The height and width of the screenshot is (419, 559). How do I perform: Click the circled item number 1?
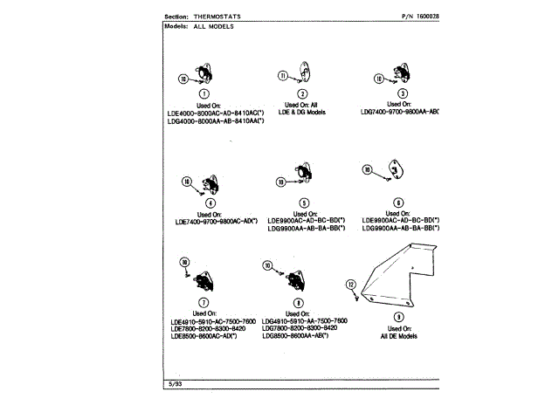point(204,93)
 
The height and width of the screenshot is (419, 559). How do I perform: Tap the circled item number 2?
point(302,93)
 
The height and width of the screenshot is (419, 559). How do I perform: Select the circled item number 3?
point(402,93)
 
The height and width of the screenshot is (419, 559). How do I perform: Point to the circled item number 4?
point(210,203)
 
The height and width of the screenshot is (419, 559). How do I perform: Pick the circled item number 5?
point(304,203)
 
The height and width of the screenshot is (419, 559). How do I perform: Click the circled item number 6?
point(398,202)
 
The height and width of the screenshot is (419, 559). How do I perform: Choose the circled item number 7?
point(203,302)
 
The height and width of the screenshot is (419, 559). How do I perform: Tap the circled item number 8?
point(298,302)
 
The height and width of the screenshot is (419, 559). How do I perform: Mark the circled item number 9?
point(398,317)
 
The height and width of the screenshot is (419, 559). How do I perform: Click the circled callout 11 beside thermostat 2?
point(282,76)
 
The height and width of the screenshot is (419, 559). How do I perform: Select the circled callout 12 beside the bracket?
point(351,285)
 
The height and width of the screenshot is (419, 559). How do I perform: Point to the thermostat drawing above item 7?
point(204,279)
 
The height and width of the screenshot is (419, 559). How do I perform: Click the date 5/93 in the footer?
point(173,384)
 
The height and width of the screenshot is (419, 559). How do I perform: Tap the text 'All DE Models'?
point(398,336)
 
